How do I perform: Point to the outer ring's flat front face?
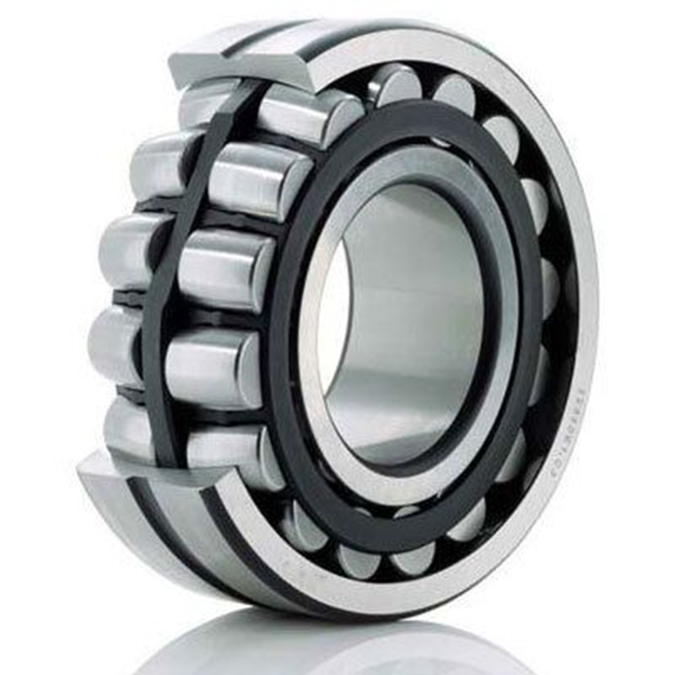(582, 253)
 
